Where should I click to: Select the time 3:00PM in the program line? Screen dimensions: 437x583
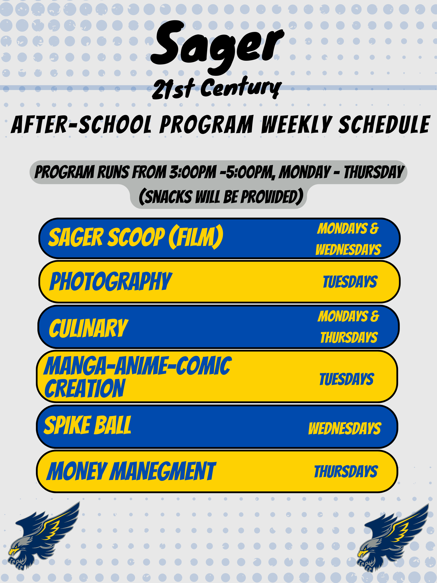192,172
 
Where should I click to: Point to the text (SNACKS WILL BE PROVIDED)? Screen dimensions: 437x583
221,197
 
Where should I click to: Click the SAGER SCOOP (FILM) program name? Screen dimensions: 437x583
136,237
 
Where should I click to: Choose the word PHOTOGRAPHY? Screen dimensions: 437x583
111,281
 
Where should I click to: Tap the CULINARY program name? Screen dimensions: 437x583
89,328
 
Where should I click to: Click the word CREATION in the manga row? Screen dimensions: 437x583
84,388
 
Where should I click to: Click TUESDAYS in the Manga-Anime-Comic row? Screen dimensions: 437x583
347,379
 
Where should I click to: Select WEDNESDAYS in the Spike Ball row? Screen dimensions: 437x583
345,428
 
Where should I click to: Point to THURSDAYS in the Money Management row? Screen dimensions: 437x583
346,471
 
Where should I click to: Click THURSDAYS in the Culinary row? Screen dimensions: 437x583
349,337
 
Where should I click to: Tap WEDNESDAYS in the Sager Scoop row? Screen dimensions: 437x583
348,249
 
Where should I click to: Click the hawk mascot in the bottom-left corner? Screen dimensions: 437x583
43,536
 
